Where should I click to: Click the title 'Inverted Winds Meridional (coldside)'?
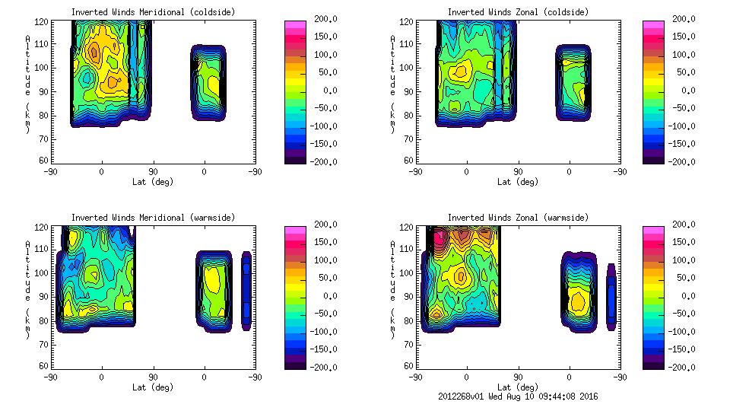[x=153, y=12]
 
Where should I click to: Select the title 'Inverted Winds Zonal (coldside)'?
[x=518, y=12]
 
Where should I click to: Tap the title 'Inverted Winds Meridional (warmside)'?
[x=153, y=218]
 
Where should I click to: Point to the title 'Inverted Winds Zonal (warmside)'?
[x=518, y=218]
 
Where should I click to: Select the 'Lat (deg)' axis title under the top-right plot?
[x=518, y=182]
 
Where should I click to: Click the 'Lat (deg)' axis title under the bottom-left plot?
[x=153, y=387]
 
